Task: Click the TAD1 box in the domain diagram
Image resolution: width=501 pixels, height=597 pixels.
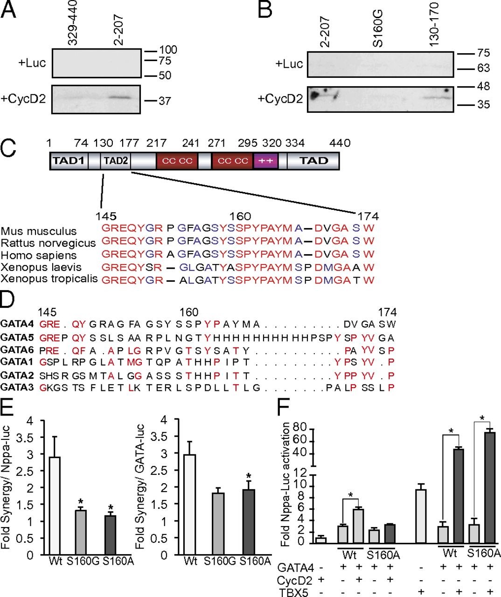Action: click(x=68, y=161)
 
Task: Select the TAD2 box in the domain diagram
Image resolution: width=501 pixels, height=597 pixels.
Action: click(x=116, y=161)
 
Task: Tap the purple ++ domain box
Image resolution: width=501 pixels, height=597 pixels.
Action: click(x=265, y=161)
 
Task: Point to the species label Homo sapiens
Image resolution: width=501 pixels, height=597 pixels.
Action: click(x=33, y=256)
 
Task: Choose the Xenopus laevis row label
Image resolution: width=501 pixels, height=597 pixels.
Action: click(x=41, y=267)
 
